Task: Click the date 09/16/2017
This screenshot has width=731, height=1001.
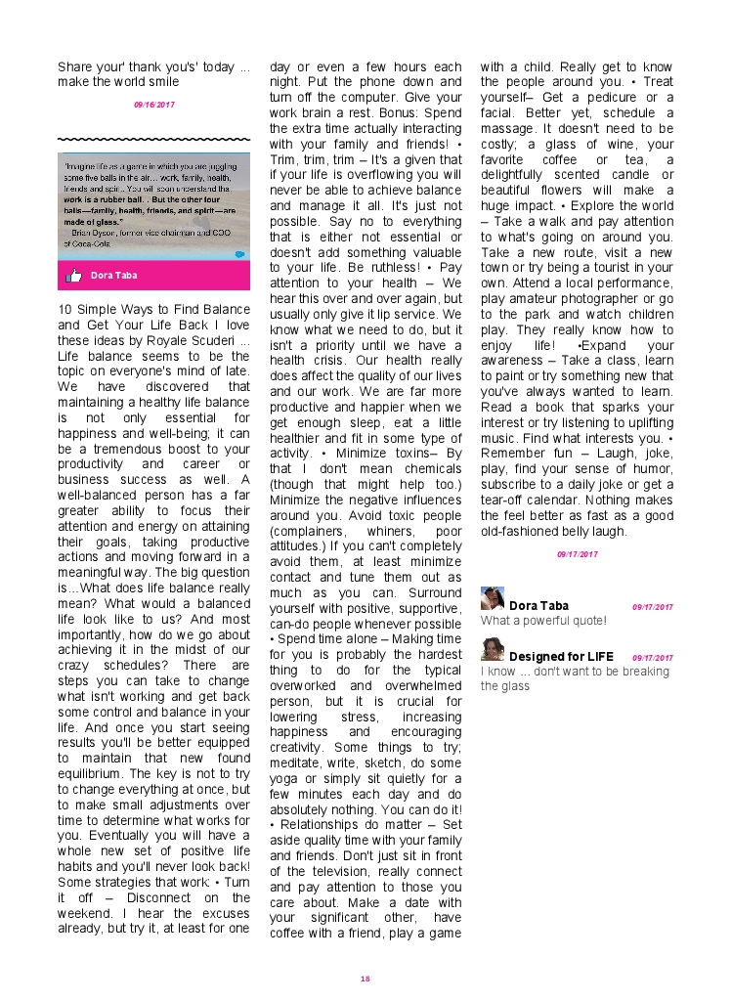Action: (154, 103)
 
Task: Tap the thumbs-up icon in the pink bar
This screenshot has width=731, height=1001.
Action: (73, 276)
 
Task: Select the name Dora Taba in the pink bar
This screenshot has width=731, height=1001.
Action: (114, 276)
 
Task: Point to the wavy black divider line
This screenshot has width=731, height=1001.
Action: (153, 139)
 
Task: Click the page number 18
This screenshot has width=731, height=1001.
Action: (365, 979)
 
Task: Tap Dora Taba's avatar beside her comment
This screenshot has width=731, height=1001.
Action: (493, 598)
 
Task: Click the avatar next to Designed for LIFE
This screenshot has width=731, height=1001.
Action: (493, 649)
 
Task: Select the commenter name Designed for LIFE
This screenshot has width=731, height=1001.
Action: (561, 657)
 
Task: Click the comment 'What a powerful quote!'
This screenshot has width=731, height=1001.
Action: (543, 621)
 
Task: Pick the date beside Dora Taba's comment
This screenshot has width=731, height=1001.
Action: (652, 607)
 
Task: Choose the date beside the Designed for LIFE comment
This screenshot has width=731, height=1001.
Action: (652, 658)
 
